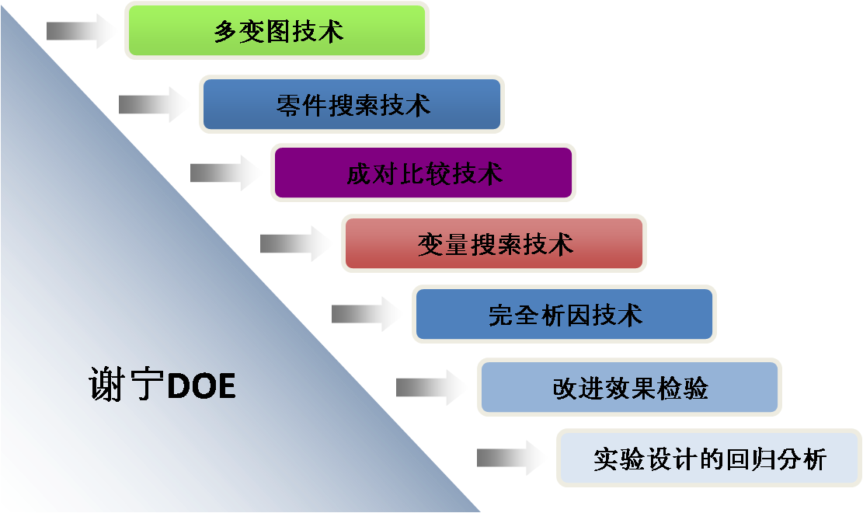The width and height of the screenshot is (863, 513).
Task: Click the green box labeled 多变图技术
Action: coord(277,30)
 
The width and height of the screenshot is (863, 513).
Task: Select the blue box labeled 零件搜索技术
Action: coord(352,104)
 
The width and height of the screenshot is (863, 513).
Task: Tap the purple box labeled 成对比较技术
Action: coord(423,173)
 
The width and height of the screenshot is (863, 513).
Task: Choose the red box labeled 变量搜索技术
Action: coord(494,244)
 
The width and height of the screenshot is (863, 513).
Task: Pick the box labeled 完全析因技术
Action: coord(564,315)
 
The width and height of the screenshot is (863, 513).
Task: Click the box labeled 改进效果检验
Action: coord(629,387)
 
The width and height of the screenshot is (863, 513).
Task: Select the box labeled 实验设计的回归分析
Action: coord(708,459)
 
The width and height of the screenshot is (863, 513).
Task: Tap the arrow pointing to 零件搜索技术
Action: coord(155,104)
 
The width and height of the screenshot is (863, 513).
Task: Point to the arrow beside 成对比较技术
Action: coord(227,173)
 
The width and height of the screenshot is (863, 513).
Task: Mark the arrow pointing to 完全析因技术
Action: coord(368,314)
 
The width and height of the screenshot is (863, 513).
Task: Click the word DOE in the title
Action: coord(201,386)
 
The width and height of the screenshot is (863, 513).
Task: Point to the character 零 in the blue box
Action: coord(288,105)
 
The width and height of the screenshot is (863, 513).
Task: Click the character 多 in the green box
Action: coord(225,32)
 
